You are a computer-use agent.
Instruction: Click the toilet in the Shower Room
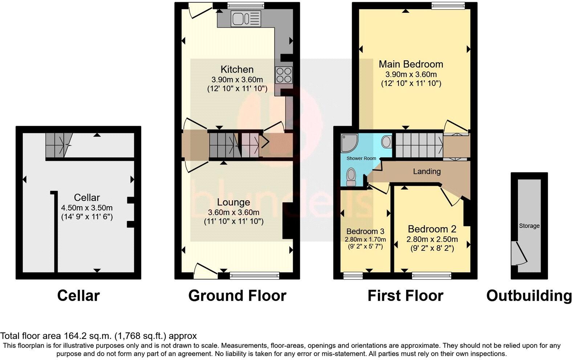(x=351, y=177)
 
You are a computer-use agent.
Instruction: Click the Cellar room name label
(x=87, y=197)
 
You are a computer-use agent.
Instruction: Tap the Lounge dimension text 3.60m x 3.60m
(x=234, y=212)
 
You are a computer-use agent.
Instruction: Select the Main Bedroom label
(x=411, y=64)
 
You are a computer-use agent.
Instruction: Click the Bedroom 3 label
(x=365, y=231)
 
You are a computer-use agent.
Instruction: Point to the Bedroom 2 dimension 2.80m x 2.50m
(x=432, y=239)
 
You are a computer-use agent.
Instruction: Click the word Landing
(x=427, y=171)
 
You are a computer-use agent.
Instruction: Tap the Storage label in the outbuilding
(x=529, y=226)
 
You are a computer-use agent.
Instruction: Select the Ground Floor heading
(x=237, y=296)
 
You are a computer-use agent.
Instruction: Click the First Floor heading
(x=405, y=296)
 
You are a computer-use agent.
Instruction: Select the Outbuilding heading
(x=529, y=296)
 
